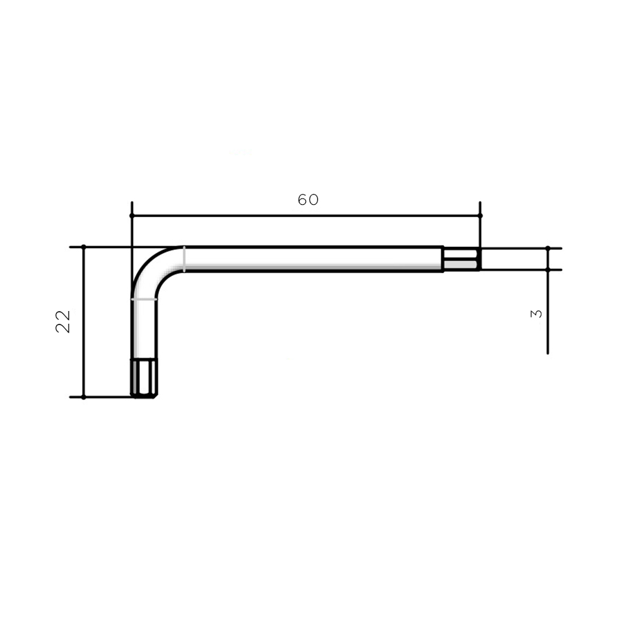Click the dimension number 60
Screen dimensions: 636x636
(308, 200)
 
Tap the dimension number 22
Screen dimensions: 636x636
(63, 322)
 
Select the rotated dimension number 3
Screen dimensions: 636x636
(536, 314)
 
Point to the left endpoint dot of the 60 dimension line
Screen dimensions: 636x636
(132, 216)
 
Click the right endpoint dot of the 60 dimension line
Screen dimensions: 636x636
(480, 216)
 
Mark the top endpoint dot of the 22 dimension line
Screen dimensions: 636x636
(83, 247)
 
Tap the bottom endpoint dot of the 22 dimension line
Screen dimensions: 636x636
(83, 397)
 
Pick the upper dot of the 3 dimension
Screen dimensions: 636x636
(548, 248)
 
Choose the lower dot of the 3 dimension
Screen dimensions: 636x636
(548, 270)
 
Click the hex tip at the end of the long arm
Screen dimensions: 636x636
(462, 259)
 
